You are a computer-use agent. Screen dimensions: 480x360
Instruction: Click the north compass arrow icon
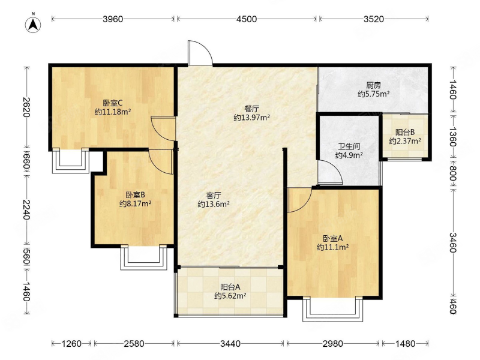33,24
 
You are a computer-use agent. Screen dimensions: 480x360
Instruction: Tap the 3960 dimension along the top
113,19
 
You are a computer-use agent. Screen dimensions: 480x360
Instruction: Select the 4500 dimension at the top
247,19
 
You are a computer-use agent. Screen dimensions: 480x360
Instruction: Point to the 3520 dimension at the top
373,19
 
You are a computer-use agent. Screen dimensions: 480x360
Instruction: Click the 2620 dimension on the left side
26,107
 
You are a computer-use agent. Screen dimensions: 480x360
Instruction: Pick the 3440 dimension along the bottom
230,343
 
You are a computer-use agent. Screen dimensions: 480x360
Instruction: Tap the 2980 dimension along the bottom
333,343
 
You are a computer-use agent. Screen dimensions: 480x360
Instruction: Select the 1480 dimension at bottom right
405,343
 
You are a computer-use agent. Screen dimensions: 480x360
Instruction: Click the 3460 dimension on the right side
453,242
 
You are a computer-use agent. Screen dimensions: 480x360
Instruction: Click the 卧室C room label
113,103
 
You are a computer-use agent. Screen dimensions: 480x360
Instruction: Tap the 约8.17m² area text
136,203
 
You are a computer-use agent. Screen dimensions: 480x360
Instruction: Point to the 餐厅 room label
251,109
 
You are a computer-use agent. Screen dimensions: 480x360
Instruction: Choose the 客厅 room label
214,195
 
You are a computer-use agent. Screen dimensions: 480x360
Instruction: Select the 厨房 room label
373,85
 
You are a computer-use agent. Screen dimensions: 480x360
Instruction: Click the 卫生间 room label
349,146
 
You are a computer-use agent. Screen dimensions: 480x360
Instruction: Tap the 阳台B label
405,132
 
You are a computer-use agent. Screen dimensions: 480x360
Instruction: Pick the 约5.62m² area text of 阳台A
230,296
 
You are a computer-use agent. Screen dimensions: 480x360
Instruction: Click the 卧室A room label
333,238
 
